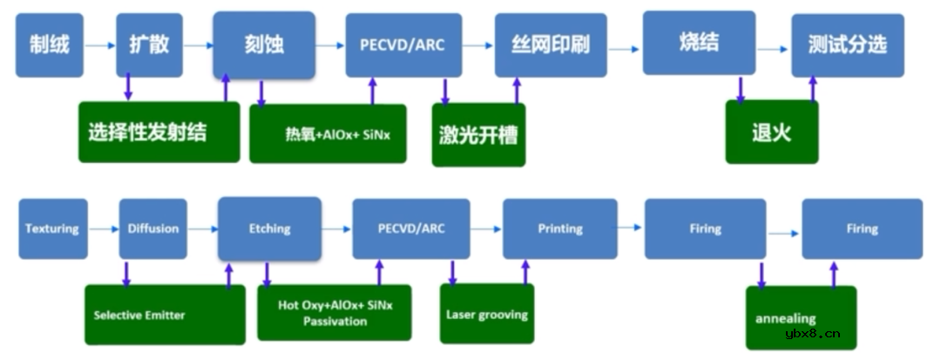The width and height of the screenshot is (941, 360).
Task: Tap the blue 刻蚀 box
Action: pos(263,44)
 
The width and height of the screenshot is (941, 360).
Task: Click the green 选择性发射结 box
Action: pos(159,132)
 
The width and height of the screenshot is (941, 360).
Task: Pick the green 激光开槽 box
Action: pos(478,134)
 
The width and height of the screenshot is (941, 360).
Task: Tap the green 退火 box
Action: pos(771,132)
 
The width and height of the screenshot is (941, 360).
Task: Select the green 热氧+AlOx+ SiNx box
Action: pos(328,133)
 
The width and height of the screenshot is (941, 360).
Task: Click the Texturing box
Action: pos(51,229)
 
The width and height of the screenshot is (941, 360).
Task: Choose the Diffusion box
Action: pos(153,229)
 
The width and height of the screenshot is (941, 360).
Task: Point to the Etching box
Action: pos(269,228)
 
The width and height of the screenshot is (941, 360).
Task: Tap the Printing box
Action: pos(560,228)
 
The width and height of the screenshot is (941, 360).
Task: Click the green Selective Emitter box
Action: pos(165,314)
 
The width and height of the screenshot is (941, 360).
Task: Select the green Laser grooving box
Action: pos(487,313)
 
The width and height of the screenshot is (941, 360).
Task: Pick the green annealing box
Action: pos(801,317)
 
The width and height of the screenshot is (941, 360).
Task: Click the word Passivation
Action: pos(335,321)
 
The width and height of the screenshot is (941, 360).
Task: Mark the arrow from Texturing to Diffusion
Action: pos(103,229)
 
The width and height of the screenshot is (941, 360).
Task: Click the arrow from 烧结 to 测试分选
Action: pos(773,50)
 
